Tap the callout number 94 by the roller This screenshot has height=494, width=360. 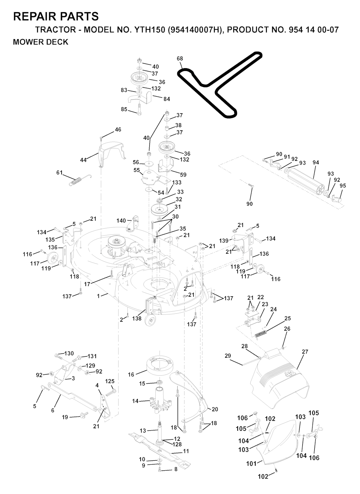[x=315, y=162]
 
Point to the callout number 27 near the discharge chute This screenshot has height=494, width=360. [x=304, y=351]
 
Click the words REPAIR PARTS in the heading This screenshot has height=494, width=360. [x=56, y=16]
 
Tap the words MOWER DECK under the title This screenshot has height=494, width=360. [x=40, y=42]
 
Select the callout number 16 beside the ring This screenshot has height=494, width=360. [x=131, y=375]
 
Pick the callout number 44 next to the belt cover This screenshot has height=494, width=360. [x=83, y=160]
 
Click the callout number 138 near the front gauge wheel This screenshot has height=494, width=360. [x=137, y=319]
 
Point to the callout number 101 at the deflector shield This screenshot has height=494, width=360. [x=251, y=464]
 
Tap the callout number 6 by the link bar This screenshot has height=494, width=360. [x=53, y=410]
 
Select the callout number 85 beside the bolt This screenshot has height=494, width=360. [x=124, y=109]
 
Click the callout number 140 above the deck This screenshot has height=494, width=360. [x=121, y=221]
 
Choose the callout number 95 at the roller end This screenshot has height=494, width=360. [x=343, y=186]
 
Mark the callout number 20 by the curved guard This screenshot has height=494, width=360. [x=215, y=409]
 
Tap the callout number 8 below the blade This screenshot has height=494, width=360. [x=176, y=469]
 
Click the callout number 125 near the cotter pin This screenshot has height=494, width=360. [x=110, y=381]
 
